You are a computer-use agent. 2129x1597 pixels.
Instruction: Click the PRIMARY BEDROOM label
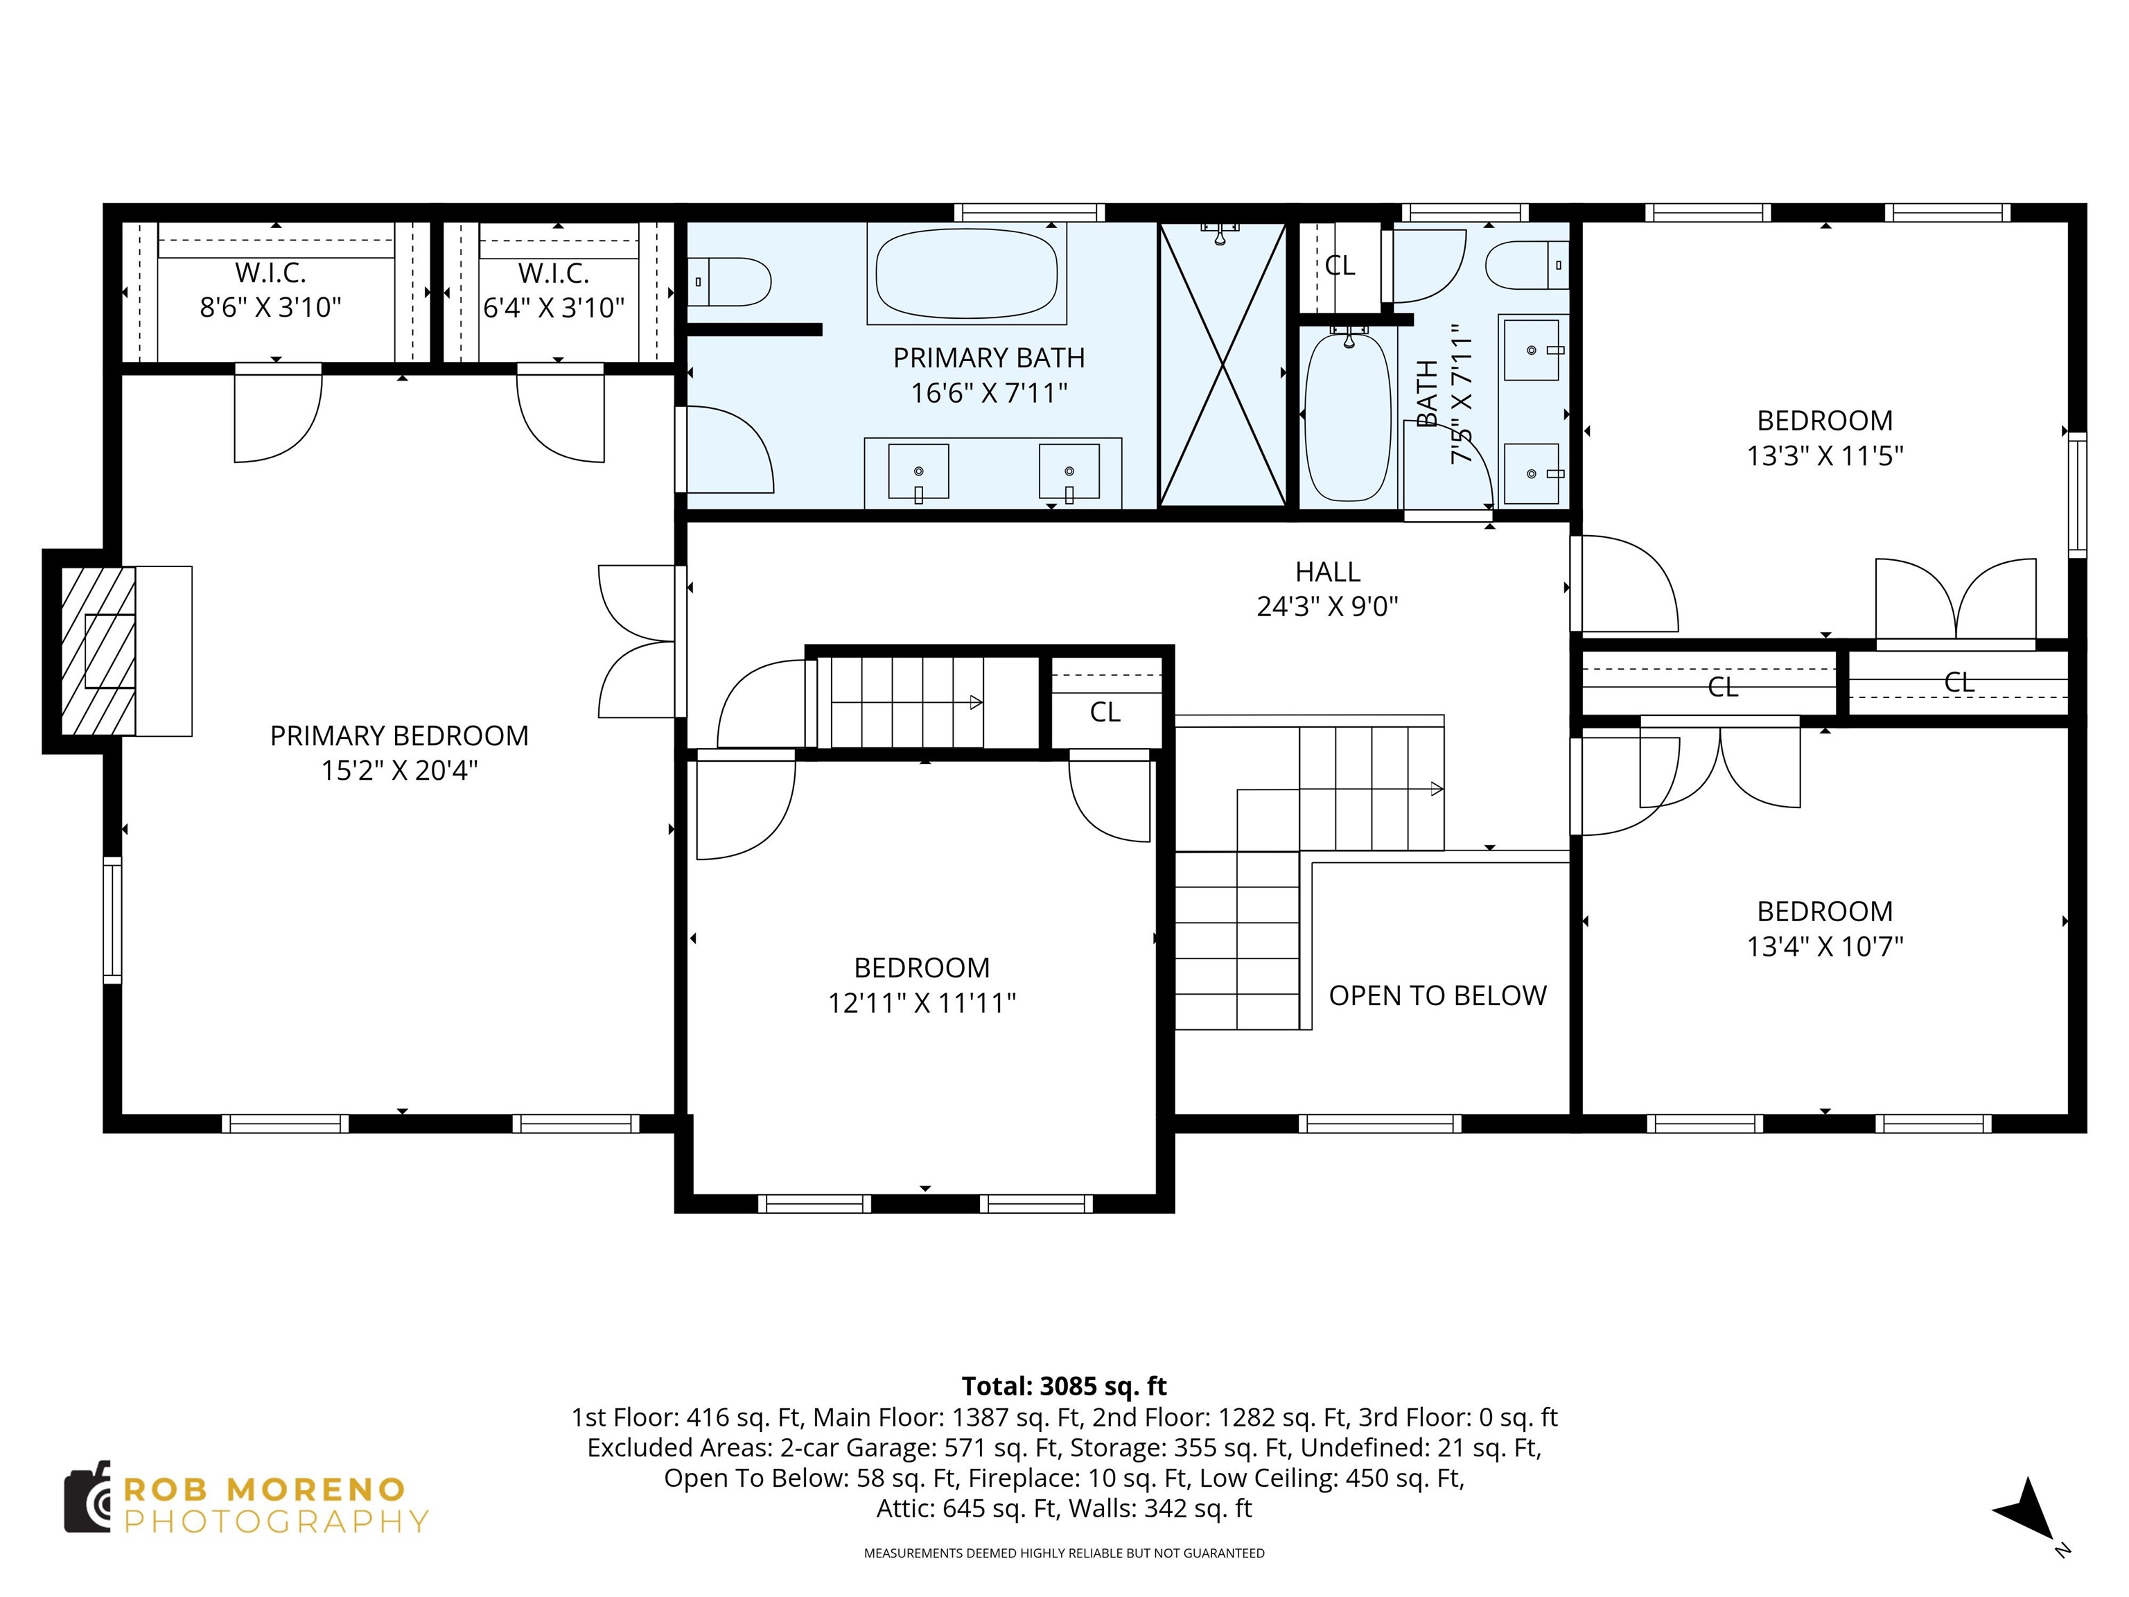coord(398,735)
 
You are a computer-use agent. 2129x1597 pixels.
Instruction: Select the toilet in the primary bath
coord(731,281)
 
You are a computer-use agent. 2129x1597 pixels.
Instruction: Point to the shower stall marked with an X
coord(1223,365)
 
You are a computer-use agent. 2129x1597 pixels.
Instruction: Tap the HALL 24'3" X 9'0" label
coord(1327,588)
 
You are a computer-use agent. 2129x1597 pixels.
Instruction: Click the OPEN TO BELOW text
coord(1437,995)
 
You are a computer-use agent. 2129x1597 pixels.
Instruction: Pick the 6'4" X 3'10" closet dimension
coord(554,308)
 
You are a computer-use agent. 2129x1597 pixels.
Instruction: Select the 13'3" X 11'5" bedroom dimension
coord(1825,455)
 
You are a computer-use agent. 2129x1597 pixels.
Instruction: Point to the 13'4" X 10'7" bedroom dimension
coord(1825,946)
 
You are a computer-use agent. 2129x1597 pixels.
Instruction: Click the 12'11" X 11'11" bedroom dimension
coord(921,1003)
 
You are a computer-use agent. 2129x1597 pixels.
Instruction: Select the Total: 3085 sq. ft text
coord(1064,1386)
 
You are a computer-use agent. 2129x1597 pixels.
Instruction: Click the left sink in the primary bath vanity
coord(918,472)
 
